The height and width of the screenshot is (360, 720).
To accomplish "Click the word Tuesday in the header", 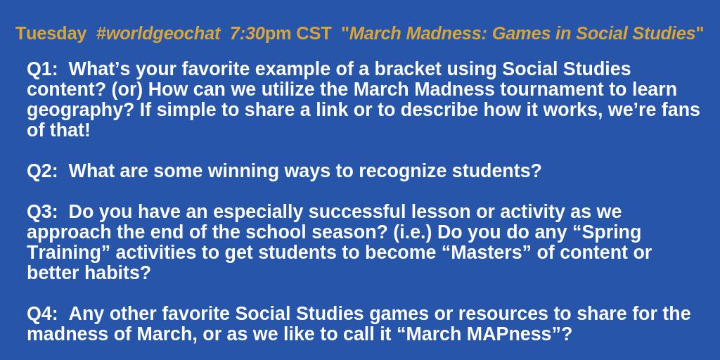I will [51, 33].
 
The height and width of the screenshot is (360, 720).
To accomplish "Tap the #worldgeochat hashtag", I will [158, 33].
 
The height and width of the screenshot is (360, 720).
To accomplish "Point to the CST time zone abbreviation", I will [314, 33].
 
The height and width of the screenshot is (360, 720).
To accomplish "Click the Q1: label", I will [42, 69].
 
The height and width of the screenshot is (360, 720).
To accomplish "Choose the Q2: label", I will [42, 171].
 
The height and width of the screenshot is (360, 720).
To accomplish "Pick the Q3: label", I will [42, 212].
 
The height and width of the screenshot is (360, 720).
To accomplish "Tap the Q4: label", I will [42, 314].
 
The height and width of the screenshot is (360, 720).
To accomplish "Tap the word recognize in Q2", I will [404, 171].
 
